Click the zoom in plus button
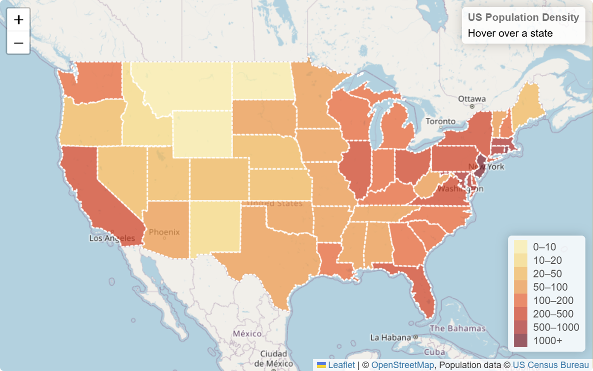[x=18, y=20]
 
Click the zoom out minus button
[x=18, y=43]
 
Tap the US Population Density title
[x=523, y=17]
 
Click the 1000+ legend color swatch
[x=520, y=340]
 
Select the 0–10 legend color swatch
[x=520, y=247]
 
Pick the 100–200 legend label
[x=553, y=300]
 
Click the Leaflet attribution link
[x=341, y=365]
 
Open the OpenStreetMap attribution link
[x=402, y=365]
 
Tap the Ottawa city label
[x=471, y=99]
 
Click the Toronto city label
[x=440, y=121]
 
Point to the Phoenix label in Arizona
[x=164, y=232]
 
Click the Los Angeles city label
[x=112, y=238]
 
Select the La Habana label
[x=390, y=338]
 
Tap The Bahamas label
[x=458, y=328]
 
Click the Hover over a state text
[x=510, y=34]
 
